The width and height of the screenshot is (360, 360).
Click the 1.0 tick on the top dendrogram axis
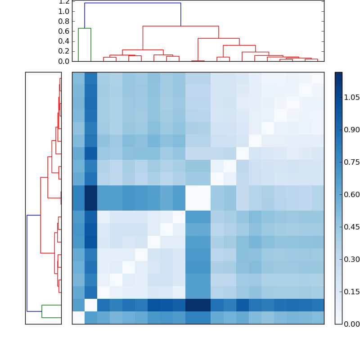(x=63, y=11)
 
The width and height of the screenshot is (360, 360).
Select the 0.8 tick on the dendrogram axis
(x=63, y=21)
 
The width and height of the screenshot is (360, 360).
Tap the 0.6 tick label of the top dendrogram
(x=63, y=31)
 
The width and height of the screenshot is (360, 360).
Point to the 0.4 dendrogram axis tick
(x=63, y=41)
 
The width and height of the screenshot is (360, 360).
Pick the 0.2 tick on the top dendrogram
(x=63, y=51)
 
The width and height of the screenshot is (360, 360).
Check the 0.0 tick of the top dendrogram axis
(x=63, y=61)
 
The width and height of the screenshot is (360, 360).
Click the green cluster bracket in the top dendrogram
(x=85, y=28)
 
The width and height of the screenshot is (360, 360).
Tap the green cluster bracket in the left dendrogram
(x=42, y=311)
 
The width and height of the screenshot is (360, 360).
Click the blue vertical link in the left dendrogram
(x=27, y=263)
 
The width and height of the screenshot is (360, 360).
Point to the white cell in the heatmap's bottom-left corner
(x=78, y=318)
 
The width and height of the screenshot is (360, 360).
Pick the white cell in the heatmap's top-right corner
(x=318, y=78)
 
